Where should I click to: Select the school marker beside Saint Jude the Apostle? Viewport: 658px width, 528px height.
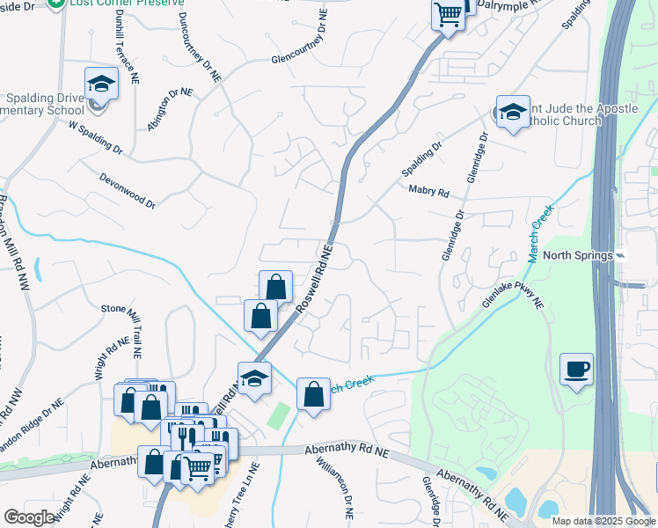(x=512, y=112)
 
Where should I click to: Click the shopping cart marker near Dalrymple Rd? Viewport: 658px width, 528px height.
(x=448, y=14)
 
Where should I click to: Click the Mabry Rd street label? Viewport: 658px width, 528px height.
(x=428, y=191)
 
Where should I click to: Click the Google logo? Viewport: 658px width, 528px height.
(x=28, y=517)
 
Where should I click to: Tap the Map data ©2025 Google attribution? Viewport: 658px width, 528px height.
(x=603, y=521)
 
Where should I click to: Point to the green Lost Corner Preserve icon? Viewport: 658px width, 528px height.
(x=57, y=4)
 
